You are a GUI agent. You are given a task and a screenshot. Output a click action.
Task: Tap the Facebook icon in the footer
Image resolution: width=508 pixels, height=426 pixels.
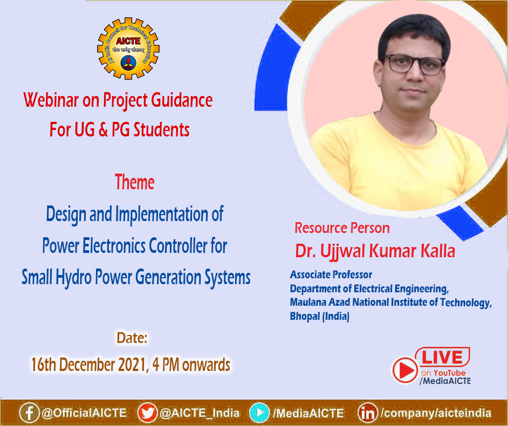tap(29, 413)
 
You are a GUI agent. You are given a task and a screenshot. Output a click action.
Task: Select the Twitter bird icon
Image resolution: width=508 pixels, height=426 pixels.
tap(147, 413)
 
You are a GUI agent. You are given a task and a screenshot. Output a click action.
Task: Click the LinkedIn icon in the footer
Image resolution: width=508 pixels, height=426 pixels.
tap(368, 413)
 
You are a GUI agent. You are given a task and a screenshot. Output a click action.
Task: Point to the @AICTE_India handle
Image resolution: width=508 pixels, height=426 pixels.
tap(199, 413)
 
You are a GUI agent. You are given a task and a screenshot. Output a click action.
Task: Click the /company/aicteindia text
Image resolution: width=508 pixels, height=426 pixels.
tap(436, 413)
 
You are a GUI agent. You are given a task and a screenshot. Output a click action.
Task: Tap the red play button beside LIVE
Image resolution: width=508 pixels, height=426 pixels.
tap(404, 370)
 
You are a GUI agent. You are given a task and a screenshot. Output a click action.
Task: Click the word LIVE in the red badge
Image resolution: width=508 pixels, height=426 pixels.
tap(442, 358)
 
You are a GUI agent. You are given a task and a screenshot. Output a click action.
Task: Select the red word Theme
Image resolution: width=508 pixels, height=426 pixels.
tap(134, 183)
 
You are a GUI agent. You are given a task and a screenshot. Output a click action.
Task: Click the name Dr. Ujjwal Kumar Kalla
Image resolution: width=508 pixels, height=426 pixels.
tap(375, 251)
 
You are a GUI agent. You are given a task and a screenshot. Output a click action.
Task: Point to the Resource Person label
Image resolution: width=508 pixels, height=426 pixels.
tap(342, 228)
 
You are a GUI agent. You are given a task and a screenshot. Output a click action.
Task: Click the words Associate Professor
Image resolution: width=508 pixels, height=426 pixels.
tap(331, 275)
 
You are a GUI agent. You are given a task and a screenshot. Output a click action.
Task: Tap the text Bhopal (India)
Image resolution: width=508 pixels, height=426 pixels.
tap(319, 317)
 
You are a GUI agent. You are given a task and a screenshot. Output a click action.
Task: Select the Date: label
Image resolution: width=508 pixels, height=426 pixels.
tap(132, 339)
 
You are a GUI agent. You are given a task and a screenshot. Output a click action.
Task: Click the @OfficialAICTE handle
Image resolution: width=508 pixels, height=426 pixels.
tap(84, 413)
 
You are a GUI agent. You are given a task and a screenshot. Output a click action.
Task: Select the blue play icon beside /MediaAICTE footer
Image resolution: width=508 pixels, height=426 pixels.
tap(259, 413)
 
